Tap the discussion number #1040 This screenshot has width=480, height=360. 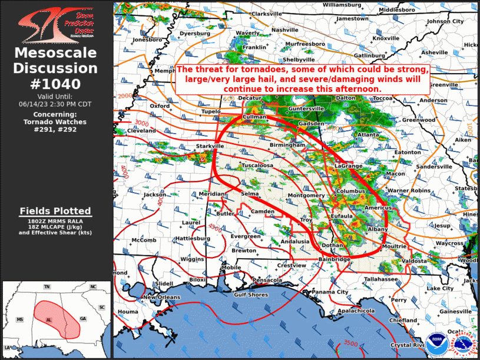tap(55, 83)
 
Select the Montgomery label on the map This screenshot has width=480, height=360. tap(306, 196)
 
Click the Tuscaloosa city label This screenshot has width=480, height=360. tap(257, 166)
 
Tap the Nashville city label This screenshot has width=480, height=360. tap(284, 30)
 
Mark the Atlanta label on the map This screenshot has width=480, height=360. tap(369, 134)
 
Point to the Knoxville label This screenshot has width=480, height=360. tap(386, 38)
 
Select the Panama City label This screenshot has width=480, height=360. tap(330, 292)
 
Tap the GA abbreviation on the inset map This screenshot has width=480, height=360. tap(82, 319)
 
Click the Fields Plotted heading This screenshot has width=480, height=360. tap(55, 211)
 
